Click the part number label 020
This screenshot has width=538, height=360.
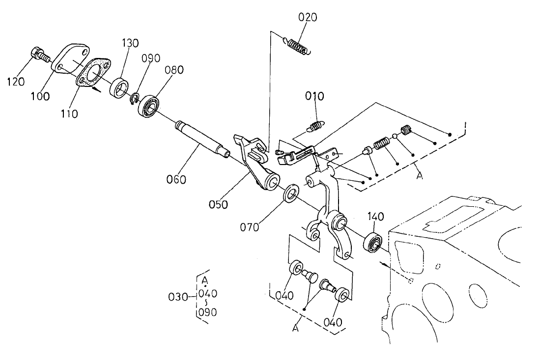[x=308, y=18]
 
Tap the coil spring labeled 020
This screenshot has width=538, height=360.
[x=298, y=46]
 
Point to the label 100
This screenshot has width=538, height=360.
[x=39, y=96]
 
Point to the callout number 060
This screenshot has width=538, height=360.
[x=176, y=180]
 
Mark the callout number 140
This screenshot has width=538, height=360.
[x=374, y=216]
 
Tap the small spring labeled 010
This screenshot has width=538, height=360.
[x=314, y=126]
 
